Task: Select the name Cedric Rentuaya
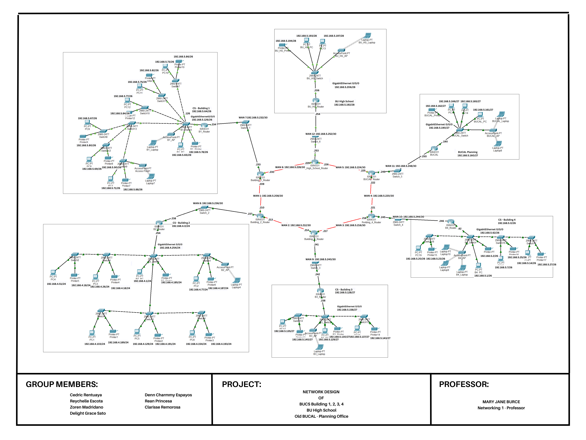(86, 395)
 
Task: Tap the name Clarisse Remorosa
(162, 407)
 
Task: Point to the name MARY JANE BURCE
(501, 402)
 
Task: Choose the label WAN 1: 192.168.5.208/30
(268, 196)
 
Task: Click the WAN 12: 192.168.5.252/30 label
(321, 134)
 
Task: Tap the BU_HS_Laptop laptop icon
(367, 35)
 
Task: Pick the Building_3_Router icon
(314, 233)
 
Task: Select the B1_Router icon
(204, 125)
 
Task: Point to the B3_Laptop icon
(320, 347)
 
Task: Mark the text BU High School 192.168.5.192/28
(344, 103)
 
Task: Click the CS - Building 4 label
(506, 220)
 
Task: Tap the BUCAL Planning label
(468, 152)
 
